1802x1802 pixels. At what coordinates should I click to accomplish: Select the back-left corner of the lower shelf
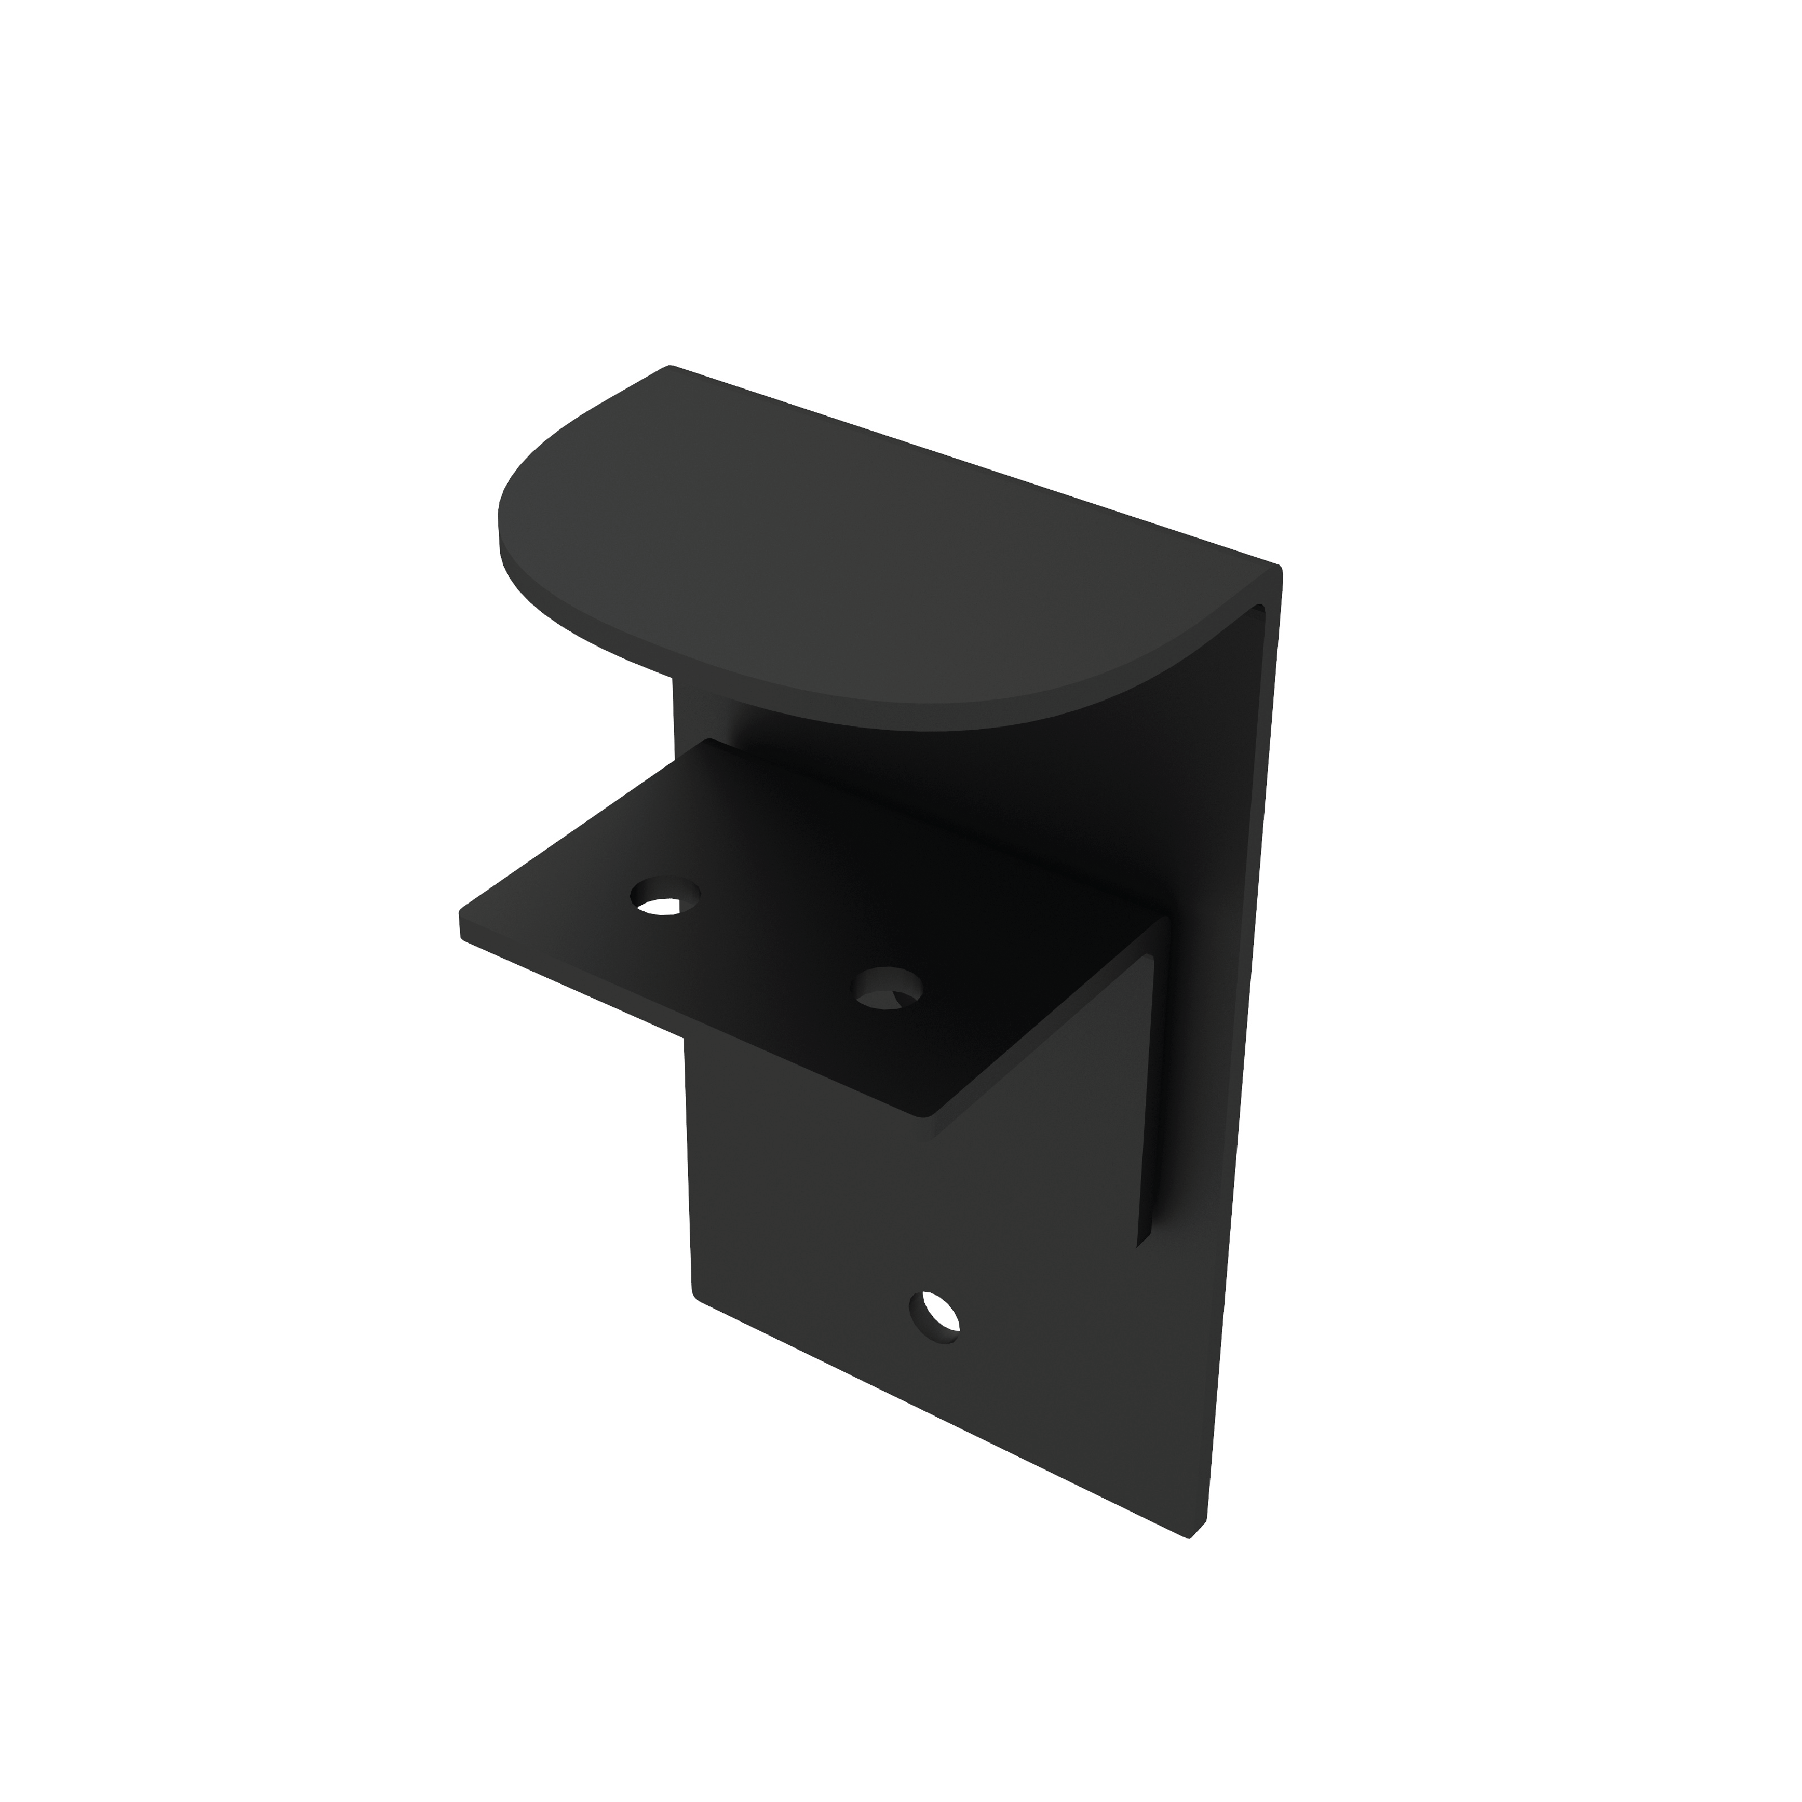tap(711, 743)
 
